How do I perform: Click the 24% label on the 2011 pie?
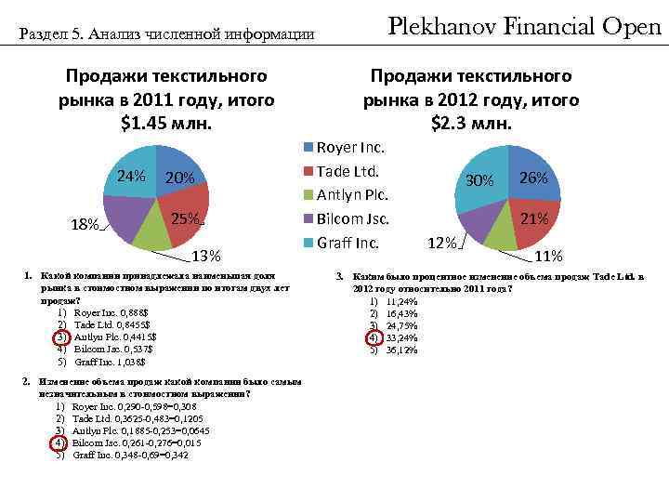tap(130, 177)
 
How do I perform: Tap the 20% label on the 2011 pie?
tap(178, 178)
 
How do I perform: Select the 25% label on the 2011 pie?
tap(187, 219)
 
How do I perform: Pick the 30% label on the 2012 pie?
tap(479, 180)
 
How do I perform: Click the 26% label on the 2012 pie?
tap(533, 178)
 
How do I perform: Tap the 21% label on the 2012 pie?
tap(533, 219)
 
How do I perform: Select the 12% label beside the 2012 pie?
tap(441, 244)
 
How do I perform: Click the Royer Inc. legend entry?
tap(350, 147)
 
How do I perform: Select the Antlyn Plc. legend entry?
tap(352, 195)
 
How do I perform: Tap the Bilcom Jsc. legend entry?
tap(353, 219)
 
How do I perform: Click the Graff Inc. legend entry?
tap(348, 244)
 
